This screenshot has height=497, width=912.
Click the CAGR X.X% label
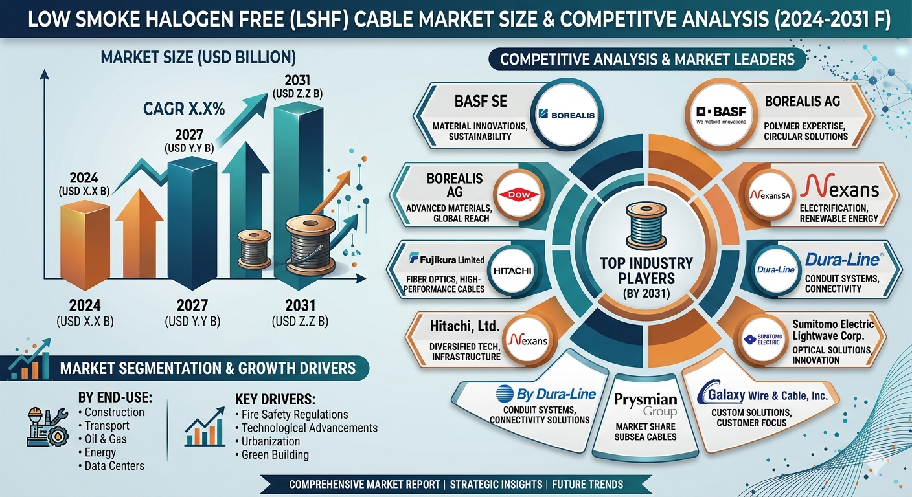pos(184,109)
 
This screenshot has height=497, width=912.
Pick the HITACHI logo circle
pos(512,271)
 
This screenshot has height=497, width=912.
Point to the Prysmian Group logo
pos(645,404)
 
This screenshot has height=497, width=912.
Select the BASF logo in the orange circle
pos(721,115)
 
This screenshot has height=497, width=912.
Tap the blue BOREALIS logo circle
pos(566,115)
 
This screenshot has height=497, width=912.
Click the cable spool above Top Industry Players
pos(646,226)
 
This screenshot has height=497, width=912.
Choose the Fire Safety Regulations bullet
pos(291,414)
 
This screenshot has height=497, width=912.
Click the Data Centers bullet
pos(111,466)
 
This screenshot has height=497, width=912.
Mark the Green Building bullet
pos(272,455)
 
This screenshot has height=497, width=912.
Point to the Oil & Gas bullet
pos(102,439)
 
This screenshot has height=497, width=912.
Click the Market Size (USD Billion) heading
pos(198,58)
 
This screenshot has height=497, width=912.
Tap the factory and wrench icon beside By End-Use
pos(47,427)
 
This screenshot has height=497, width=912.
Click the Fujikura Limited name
pos(447,259)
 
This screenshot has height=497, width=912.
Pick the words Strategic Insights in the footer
pos(496,485)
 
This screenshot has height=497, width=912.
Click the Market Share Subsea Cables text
pos(645,432)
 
